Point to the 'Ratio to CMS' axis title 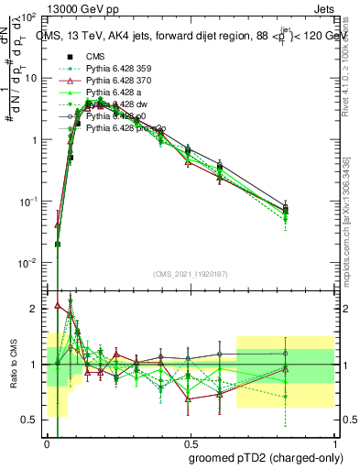coord(12,363)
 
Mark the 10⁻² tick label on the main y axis coord(27,262)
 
